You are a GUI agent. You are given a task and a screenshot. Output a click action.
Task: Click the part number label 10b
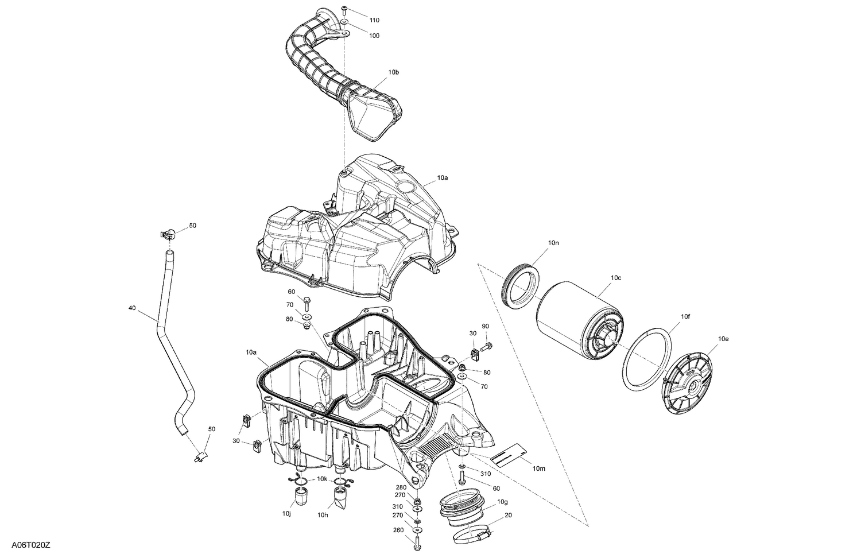pos(393,72)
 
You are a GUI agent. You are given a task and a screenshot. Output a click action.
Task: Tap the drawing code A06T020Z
pos(30,544)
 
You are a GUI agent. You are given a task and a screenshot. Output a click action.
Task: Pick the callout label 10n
pos(553,243)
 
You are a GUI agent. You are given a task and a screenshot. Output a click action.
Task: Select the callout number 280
pos(401,487)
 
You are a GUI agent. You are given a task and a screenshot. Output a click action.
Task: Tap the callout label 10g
pos(502,502)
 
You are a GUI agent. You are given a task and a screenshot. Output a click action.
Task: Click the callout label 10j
pos(287,513)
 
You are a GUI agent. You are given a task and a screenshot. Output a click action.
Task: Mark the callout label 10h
pos(323,514)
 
